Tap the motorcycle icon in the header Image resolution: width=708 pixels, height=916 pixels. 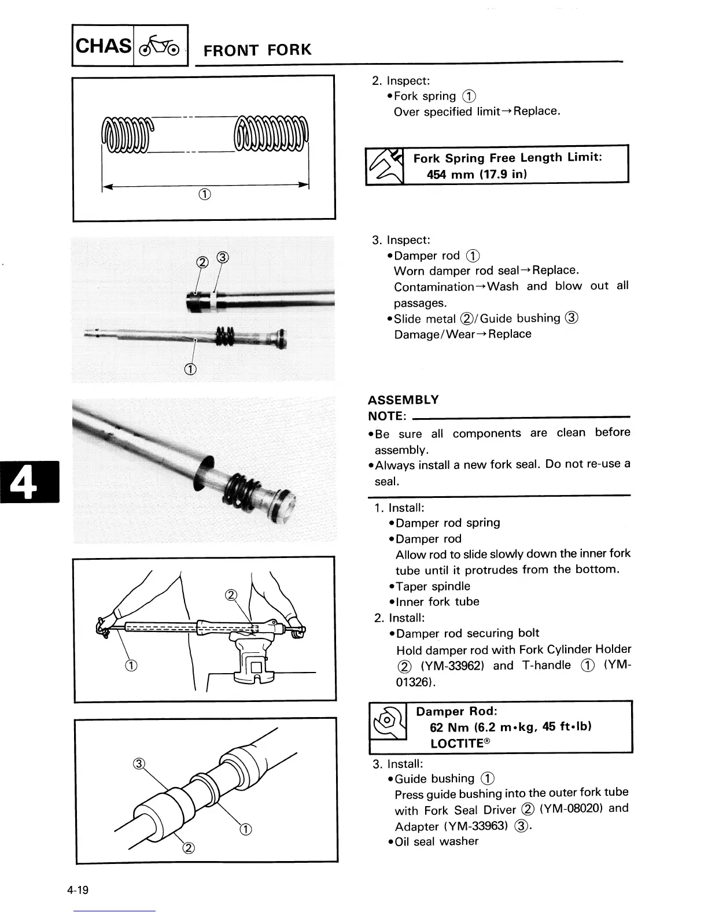point(160,45)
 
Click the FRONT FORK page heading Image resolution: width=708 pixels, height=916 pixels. point(257,50)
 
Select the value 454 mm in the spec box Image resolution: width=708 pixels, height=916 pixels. point(450,174)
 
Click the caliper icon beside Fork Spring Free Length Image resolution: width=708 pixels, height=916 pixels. point(385,166)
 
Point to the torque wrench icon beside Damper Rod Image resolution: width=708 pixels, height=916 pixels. point(388,721)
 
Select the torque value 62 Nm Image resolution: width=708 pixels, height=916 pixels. point(450,727)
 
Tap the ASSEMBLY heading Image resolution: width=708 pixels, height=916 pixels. point(403,400)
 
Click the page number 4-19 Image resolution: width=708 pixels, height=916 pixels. point(78,889)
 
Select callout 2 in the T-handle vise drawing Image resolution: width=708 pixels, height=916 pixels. point(230,595)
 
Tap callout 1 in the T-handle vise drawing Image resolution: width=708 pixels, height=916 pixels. point(131,665)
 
